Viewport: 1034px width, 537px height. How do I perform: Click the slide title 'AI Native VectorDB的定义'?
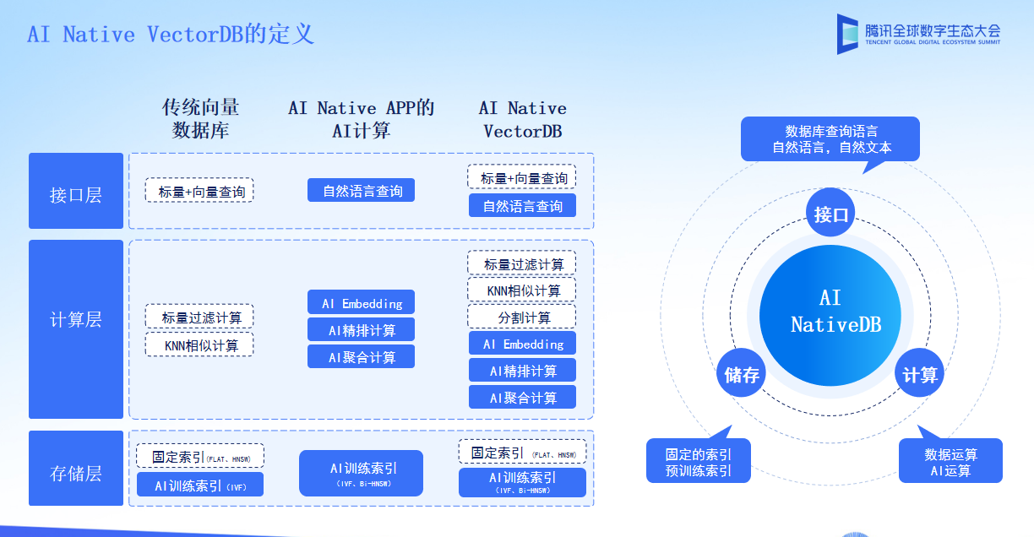(x=171, y=35)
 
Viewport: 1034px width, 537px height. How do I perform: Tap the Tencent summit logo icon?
(x=847, y=35)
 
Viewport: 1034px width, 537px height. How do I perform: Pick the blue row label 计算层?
(x=76, y=319)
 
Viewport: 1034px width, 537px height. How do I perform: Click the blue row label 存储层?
(x=76, y=473)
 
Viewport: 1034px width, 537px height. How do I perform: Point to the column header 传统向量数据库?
(x=200, y=119)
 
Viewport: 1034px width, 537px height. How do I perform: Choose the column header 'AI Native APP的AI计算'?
(x=361, y=119)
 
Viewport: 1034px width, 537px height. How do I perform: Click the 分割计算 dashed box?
(x=522, y=317)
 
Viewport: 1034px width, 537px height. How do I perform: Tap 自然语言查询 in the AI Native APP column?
(x=362, y=190)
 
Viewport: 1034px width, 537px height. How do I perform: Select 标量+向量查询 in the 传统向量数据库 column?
(x=199, y=191)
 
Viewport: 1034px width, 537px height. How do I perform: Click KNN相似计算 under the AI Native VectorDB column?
(x=522, y=290)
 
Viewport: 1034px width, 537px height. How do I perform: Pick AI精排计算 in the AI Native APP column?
(x=362, y=329)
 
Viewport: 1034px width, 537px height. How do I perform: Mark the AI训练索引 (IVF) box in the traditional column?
(x=200, y=485)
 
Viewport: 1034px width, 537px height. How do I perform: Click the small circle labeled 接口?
(x=830, y=214)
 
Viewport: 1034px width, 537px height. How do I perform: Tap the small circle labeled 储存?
(x=742, y=374)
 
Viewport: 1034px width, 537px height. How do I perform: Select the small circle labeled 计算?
(x=919, y=373)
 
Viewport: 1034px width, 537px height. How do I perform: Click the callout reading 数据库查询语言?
(x=830, y=138)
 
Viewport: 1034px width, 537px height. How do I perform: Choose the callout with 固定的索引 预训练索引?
(x=699, y=461)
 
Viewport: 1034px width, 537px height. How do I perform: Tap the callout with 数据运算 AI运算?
(x=950, y=461)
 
